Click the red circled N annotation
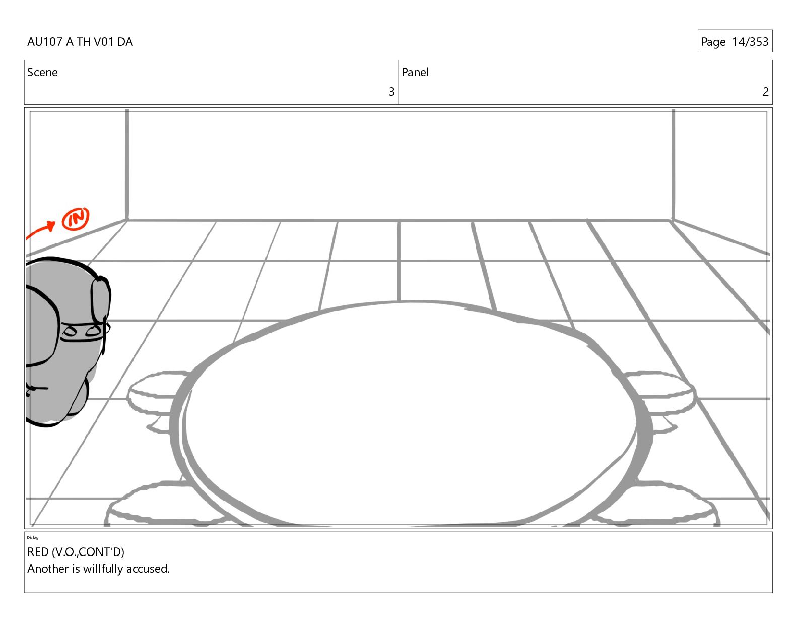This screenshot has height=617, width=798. (x=75, y=219)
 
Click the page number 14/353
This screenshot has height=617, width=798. (x=750, y=42)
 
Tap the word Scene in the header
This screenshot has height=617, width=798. (x=42, y=72)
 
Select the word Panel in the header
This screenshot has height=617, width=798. (x=415, y=72)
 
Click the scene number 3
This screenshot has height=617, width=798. (x=391, y=92)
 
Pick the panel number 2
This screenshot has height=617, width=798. (x=765, y=92)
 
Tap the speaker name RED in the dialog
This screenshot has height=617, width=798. (x=38, y=551)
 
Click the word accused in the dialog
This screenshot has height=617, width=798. (x=148, y=569)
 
